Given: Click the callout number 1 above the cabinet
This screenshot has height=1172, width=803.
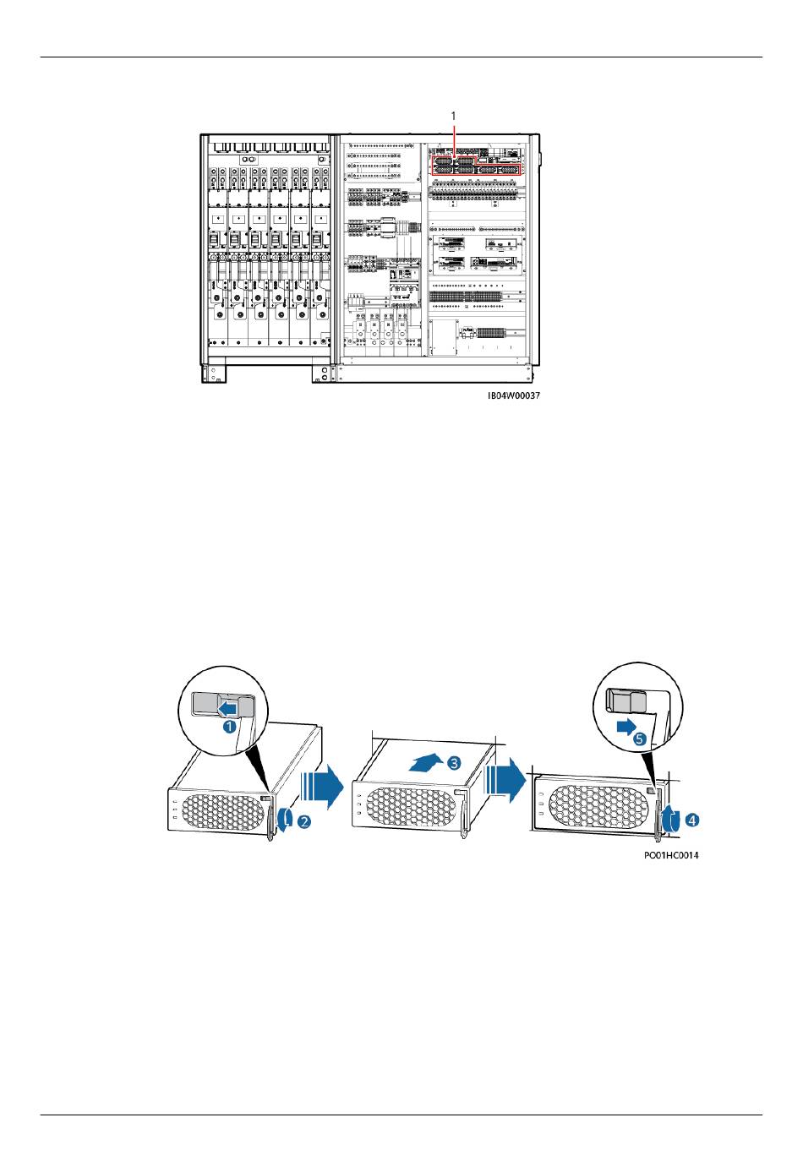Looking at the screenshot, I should click(x=455, y=114).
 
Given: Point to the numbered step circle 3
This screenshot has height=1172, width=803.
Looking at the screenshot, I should click(x=454, y=763).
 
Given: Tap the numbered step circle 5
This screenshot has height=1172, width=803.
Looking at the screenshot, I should click(x=640, y=738).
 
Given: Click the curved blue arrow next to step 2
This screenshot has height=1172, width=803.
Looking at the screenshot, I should click(x=288, y=820).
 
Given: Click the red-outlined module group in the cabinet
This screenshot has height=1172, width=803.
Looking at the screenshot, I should click(x=476, y=165).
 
